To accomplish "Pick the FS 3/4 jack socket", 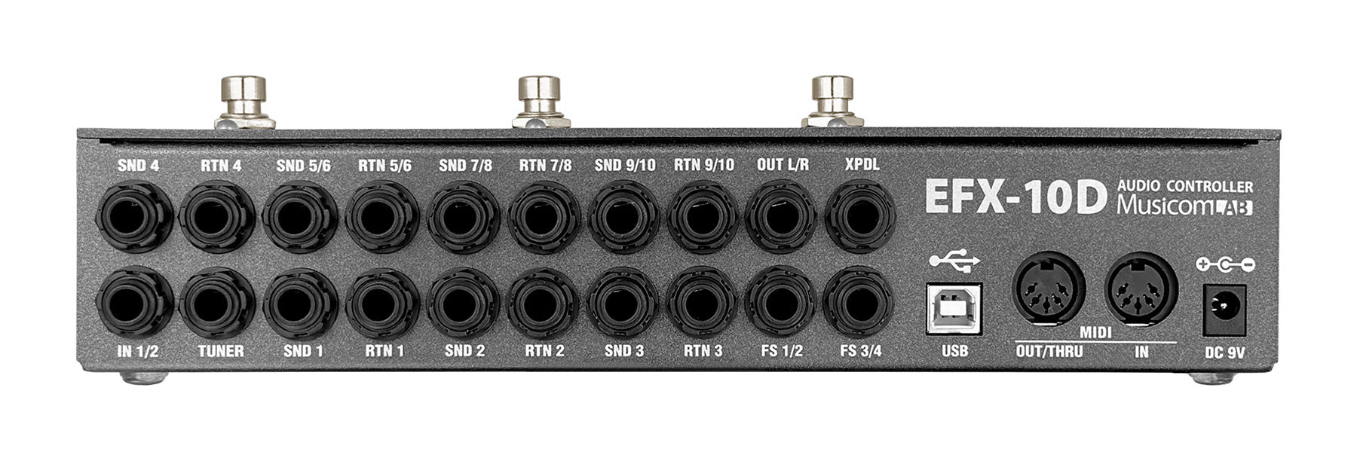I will [x=859, y=304].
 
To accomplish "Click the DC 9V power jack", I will [x=1224, y=309].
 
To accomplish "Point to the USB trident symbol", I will [x=954, y=261].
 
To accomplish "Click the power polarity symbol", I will [x=1224, y=264].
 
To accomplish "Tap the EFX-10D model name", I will [x=1015, y=196].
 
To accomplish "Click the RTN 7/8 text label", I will [x=545, y=165].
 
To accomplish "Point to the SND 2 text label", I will [x=464, y=351].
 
